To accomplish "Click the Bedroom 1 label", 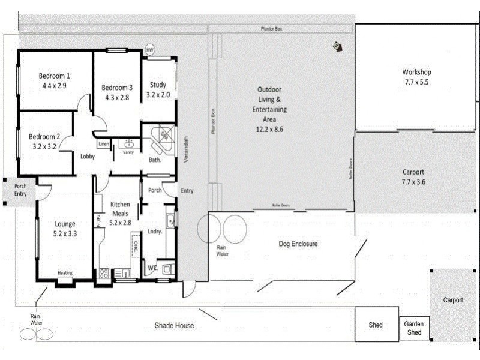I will [55, 76].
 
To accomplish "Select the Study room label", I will [158, 85].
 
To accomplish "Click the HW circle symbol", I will [149, 49].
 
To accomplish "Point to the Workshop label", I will [416, 73].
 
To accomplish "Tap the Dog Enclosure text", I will [298, 244].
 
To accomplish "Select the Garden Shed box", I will [414, 328].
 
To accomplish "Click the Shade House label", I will [174, 325].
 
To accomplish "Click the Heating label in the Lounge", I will [65, 274].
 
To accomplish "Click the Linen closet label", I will [103, 144].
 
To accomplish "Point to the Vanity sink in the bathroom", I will [128, 144].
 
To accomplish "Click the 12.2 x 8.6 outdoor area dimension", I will [269, 129].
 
